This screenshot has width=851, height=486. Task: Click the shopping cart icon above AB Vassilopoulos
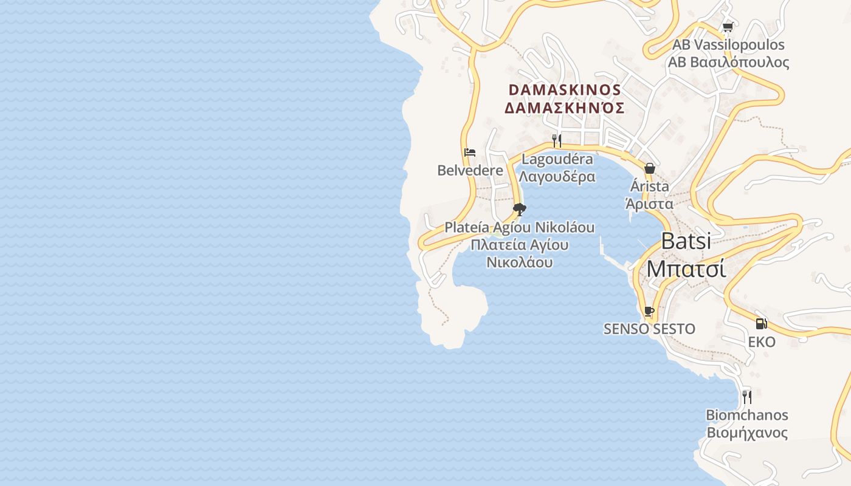pyautogui.click(x=728, y=27)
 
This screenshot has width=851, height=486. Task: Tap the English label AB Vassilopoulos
pyautogui.click(x=728, y=45)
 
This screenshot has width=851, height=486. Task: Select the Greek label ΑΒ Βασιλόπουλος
pyautogui.click(x=728, y=62)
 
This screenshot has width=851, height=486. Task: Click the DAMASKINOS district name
pyautogui.click(x=565, y=90)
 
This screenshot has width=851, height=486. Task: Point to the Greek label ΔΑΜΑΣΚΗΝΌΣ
pyautogui.click(x=565, y=108)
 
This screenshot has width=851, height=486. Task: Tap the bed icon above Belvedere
pyautogui.click(x=470, y=152)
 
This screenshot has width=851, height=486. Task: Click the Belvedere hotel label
pyautogui.click(x=470, y=170)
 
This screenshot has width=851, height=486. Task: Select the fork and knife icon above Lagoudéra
pyautogui.click(x=556, y=141)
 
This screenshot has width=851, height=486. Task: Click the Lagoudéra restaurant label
pyautogui.click(x=557, y=159)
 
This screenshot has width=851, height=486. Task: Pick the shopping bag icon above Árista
pyautogui.click(x=649, y=168)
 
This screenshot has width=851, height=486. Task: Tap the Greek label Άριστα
pyautogui.click(x=649, y=204)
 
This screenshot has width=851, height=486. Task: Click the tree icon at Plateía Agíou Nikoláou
pyautogui.click(x=519, y=210)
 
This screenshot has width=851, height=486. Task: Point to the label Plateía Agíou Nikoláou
pyautogui.click(x=519, y=228)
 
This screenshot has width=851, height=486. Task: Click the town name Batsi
pyautogui.click(x=686, y=241)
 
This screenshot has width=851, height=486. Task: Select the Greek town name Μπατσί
pyautogui.click(x=686, y=269)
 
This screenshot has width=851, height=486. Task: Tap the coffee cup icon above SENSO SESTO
pyautogui.click(x=649, y=312)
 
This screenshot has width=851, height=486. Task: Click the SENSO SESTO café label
pyautogui.click(x=649, y=329)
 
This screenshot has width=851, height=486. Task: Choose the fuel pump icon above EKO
pyautogui.click(x=761, y=324)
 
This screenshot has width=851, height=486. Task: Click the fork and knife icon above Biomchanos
pyautogui.click(x=746, y=397)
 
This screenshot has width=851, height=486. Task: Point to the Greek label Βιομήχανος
pyautogui.click(x=746, y=433)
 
